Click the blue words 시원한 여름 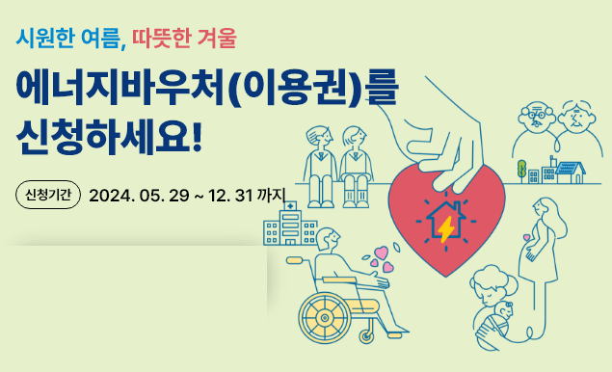pyautogui.click(x=69, y=39)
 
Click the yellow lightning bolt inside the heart pyautogui.click(x=445, y=229)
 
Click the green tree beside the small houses pyautogui.click(x=521, y=170)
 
